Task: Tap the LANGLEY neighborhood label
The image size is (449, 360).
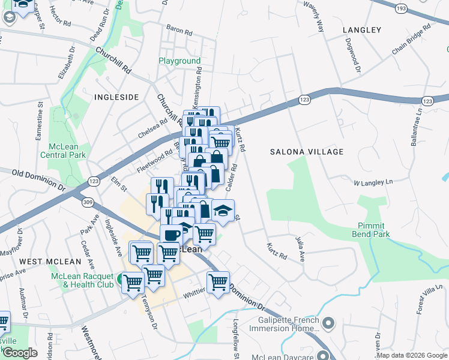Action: [361, 29]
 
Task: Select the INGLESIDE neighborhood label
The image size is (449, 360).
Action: [116, 97]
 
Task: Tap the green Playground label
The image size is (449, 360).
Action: [179, 61]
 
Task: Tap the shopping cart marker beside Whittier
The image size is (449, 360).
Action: [218, 281]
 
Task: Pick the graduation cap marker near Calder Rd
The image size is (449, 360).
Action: [223, 211]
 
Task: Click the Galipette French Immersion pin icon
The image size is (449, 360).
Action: [328, 324]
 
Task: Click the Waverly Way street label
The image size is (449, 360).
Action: [318, 21]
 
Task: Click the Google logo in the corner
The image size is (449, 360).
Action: [20, 352]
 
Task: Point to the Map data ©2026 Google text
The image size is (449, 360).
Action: [411, 355]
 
